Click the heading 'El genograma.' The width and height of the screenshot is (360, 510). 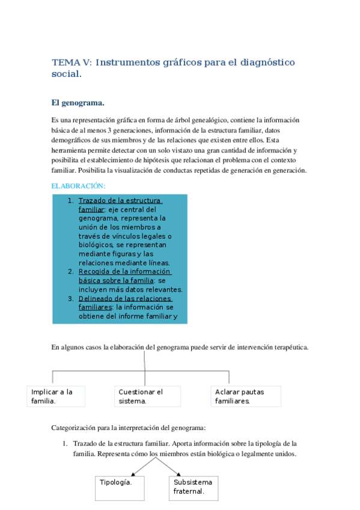tap(78, 103)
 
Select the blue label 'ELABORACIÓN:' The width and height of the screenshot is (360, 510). tap(78, 186)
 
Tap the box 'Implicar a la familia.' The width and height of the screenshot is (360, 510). tap(56, 396)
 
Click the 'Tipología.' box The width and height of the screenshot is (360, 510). tap(120, 487)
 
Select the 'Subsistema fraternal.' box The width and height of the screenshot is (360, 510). tap(194, 487)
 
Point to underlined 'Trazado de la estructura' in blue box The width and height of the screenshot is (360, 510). tap(120, 201)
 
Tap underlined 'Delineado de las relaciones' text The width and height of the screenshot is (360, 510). tap(124, 298)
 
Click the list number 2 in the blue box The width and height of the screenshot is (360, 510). tap(70, 271)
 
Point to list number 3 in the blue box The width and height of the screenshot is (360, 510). tap(70, 298)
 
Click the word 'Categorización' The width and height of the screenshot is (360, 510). tap(75, 428)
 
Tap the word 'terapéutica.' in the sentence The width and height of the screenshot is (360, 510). tap(290, 348)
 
